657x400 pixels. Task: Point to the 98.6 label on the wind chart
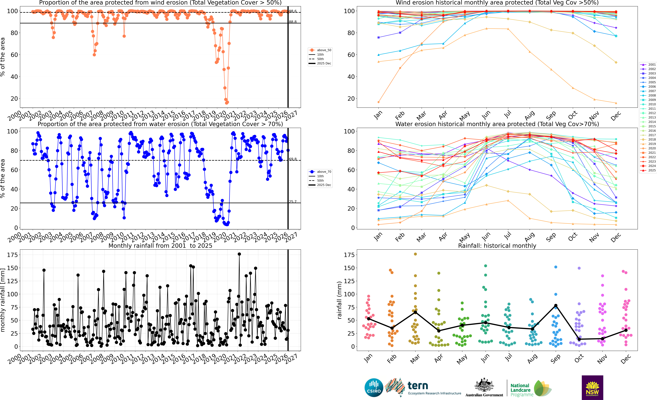293,11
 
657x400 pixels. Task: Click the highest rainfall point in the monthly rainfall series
239,254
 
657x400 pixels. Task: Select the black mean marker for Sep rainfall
556,306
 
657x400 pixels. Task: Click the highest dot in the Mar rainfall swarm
415,254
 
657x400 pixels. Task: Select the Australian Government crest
484,385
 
